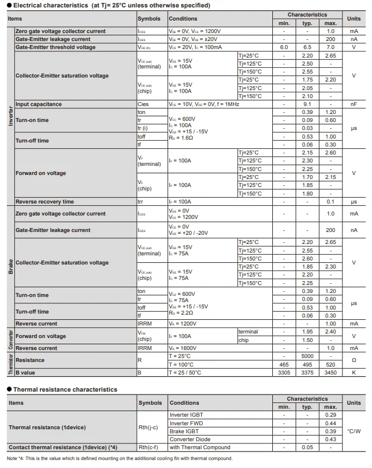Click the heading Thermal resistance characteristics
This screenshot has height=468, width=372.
tap(65, 389)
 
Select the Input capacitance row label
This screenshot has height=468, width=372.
tap(39, 104)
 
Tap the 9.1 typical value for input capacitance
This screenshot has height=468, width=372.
tap(307, 104)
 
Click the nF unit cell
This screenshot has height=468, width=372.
tap(354, 104)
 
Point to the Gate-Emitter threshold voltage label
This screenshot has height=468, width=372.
tap(55, 47)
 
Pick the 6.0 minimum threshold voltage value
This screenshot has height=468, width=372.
tap(284, 47)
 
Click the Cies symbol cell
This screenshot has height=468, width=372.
tap(143, 104)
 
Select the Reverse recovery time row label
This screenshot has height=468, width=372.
tap(44, 202)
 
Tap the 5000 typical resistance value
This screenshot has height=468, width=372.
tap(307, 356)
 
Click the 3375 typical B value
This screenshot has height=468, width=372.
tap(307, 373)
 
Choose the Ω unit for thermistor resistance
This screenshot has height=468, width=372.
tap(354, 360)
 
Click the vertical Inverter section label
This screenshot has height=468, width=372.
tap(10, 116)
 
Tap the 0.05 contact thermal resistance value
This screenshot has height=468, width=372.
tap(307, 447)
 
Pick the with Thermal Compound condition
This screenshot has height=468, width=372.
tap(199, 447)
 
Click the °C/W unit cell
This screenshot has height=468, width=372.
tap(354, 431)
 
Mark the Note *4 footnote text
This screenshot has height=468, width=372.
tap(120, 458)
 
